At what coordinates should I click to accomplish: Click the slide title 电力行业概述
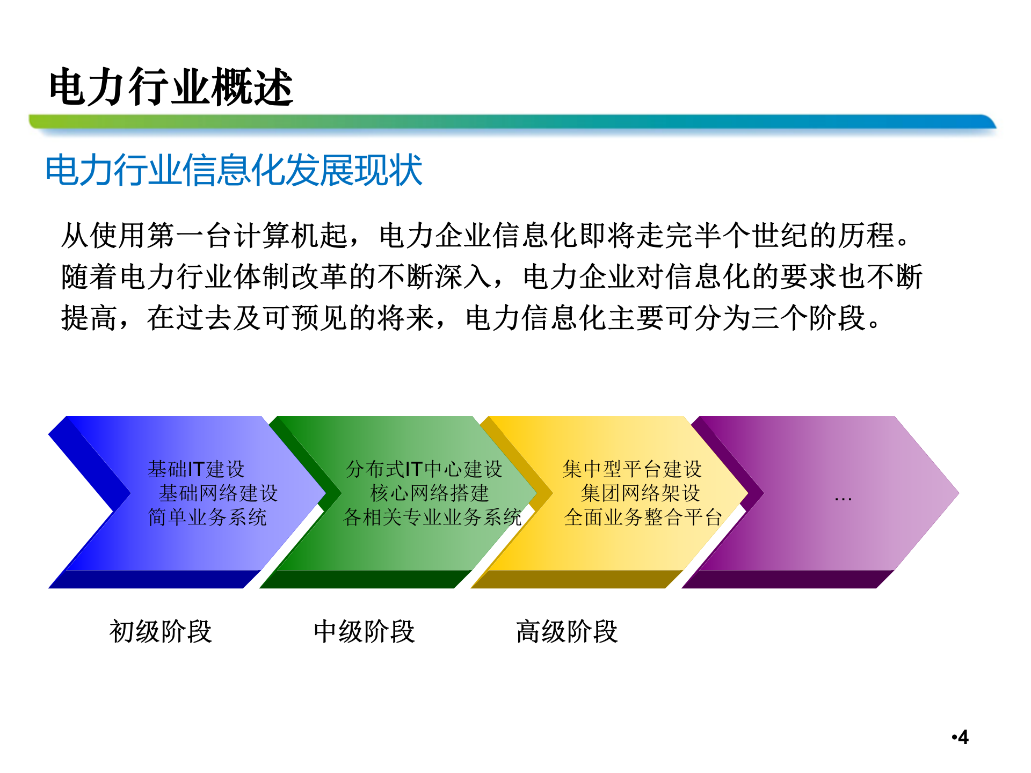click(171, 87)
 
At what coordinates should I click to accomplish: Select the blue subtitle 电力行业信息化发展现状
click(234, 171)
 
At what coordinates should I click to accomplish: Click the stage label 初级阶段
click(161, 631)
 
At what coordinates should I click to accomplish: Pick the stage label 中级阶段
click(364, 631)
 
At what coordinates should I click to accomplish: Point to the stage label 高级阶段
click(567, 631)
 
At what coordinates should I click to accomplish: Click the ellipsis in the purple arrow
click(843, 498)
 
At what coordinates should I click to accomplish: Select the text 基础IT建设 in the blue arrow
click(196, 469)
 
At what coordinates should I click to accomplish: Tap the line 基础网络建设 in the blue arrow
click(218, 493)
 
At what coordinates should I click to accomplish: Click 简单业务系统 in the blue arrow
click(207, 517)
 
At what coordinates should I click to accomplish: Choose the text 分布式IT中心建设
click(424, 469)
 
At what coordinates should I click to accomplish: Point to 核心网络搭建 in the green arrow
click(430, 493)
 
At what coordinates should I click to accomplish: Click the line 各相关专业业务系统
click(432, 517)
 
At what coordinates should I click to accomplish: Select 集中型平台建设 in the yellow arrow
click(632, 469)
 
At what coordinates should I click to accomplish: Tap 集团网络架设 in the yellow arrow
click(641, 493)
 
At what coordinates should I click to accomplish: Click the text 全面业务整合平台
click(643, 517)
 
